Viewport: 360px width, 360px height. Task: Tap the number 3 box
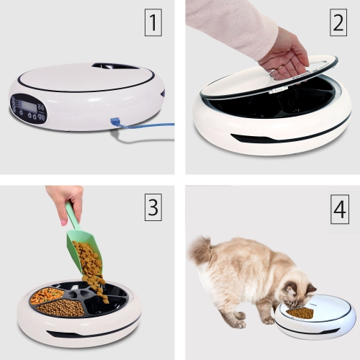tap(153, 209)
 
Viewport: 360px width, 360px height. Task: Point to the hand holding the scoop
tap(64, 199)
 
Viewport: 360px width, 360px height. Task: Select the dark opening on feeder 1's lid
tap(115, 66)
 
